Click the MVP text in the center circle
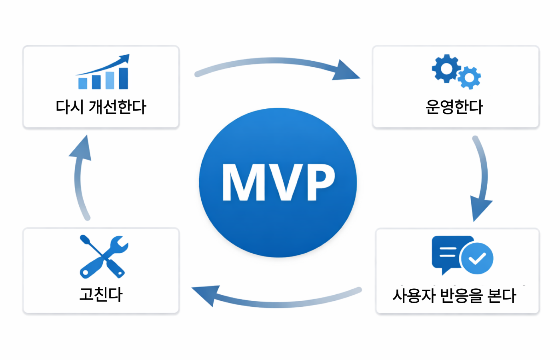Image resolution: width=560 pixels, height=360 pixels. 278,182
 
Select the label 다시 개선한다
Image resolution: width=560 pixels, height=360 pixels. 101,107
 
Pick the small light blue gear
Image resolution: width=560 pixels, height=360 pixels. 469,78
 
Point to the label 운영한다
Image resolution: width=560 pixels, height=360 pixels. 454,107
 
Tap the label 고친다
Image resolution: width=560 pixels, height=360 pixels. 101,294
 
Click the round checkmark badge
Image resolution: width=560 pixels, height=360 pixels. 477,258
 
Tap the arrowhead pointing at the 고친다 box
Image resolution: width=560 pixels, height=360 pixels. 206,294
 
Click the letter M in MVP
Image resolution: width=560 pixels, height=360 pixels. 244,182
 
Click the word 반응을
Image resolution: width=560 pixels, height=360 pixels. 461,296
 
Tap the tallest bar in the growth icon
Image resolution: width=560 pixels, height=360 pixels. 124,78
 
